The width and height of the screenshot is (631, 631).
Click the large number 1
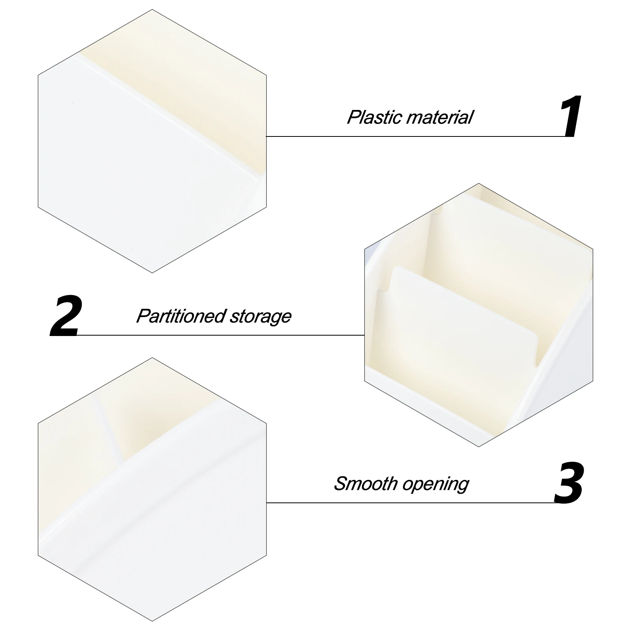click(571, 116)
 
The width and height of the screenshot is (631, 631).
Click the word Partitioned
click(181, 316)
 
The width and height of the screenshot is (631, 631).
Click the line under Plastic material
click(416, 136)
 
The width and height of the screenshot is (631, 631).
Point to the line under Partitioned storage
click(221, 335)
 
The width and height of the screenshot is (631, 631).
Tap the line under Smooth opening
click(410, 503)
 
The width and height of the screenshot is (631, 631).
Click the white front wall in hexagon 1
click(130, 166)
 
